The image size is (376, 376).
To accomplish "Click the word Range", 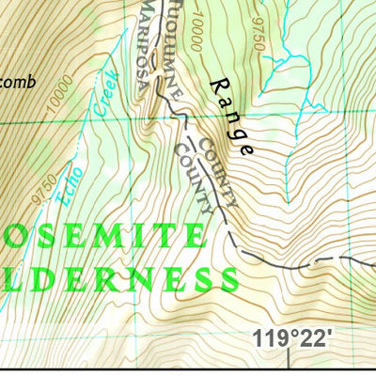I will click(230, 114).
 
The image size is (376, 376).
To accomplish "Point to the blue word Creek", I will click(105, 94).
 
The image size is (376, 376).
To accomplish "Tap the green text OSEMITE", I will click(103, 235).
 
